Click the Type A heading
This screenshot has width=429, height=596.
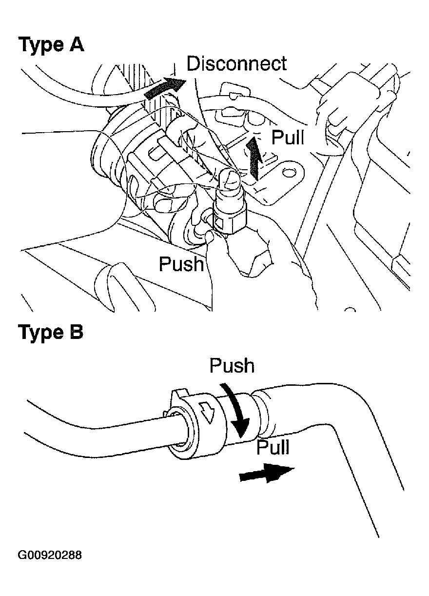[51, 45]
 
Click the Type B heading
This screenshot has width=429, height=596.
[51, 333]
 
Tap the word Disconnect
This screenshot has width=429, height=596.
[237, 63]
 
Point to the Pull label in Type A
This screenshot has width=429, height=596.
[288, 138]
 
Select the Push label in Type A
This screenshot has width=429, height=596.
[181, 264]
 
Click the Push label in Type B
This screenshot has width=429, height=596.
[232, 366]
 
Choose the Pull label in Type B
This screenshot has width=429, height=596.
[273, 447]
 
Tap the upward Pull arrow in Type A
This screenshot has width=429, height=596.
[253, 156]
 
